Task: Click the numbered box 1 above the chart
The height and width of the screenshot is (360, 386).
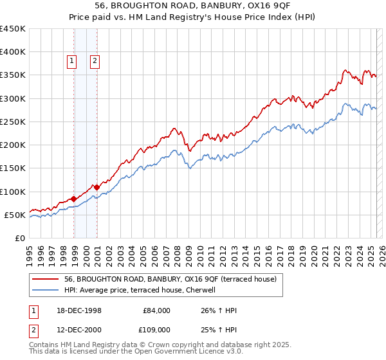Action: click(71, 61)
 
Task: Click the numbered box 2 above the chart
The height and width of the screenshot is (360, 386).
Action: click(95, 61)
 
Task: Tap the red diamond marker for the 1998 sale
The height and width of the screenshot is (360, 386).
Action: click(73, 199)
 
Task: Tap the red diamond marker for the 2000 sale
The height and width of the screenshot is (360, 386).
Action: click(96, 187)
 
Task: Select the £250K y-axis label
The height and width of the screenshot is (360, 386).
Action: click(13, 122)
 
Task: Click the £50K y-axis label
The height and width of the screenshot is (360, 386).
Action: click(15, 215)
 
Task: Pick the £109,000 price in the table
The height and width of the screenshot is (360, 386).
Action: click(155, 329)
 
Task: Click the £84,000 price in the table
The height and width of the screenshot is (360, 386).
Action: click(157, 310)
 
